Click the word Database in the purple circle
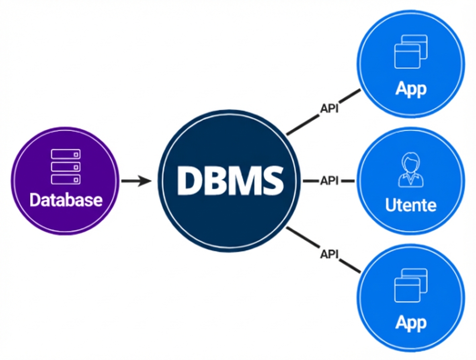click(x=66, y=200)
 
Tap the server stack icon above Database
click(x=66, y=166)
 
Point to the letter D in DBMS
click(x=188, y=180)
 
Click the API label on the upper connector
click(x=329, y=109)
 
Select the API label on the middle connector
click(x=329, y=181)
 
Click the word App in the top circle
click(x=410, y=88)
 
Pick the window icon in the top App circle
click(x=410, y=51)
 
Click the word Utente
click(x=410, y=205)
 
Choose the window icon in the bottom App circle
click(x=410, y=285)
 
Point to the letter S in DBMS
click(x=270, y=180)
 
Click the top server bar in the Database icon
click(x=66, y=154)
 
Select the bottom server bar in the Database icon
click(x=66, y=179)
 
